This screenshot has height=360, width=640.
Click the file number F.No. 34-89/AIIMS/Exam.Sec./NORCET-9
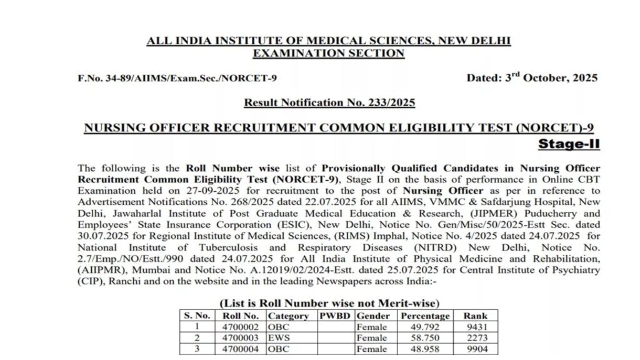coord(177,78)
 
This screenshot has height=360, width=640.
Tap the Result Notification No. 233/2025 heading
coord(329,102)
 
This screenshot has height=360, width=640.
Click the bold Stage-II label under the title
coord(569,144)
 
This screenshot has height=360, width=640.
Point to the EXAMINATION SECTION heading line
coord(329,54)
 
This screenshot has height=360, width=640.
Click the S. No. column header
coord(197,316)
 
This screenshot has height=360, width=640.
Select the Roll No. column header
coord(240,316)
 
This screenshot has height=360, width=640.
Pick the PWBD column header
coord(335,316)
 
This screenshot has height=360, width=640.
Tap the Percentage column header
coord(425,316)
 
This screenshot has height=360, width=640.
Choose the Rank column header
coord(472,316)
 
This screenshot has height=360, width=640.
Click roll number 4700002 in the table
coord(240,326)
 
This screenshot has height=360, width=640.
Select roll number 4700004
coord(240,349)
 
